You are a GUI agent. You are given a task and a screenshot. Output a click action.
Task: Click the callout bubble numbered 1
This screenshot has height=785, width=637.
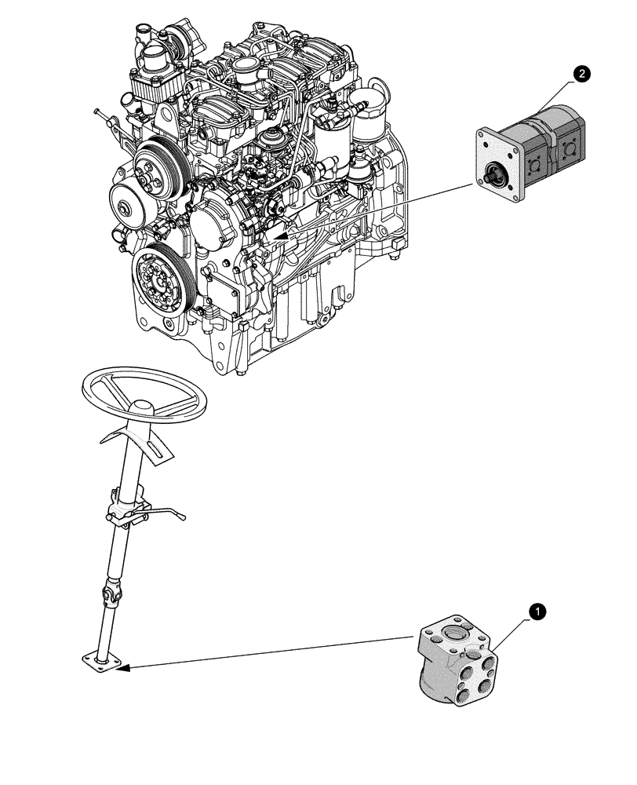coord(538,609)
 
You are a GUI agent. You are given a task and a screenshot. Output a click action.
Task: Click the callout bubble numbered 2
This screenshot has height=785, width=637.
coord(581,75)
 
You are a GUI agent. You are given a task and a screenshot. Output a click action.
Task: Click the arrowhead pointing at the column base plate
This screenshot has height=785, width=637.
coord(126,668)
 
